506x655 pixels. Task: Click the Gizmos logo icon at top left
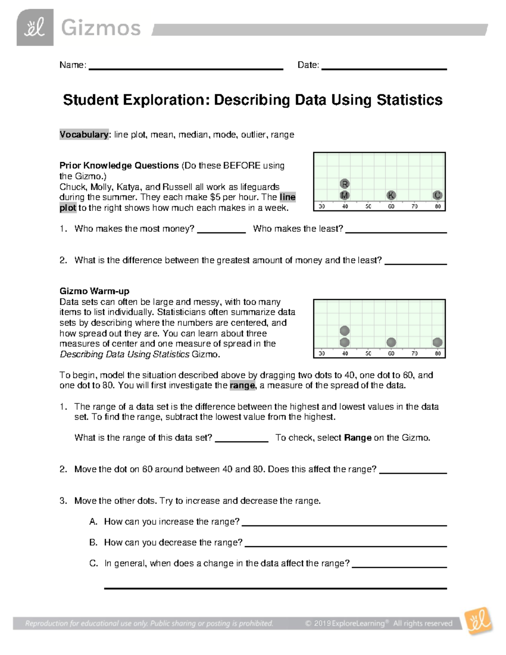point(35,27)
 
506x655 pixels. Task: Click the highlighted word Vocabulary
point(84,135)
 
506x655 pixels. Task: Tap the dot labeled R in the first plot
point(345,184)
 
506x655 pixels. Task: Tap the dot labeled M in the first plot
point(345,195)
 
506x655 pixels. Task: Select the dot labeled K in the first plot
point(391,195)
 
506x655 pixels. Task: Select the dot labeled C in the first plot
point(437,195)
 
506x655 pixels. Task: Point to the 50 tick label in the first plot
point(368,206)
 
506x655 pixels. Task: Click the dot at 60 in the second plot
point(391,342)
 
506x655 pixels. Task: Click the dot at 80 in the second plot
point(437,342)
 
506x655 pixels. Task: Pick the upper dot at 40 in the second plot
point(345,330)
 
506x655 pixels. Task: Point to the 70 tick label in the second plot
point(414,353)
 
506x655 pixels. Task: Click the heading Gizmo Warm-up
point(94,291)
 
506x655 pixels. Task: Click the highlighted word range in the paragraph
point(242,385)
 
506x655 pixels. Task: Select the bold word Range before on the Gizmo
point(358,438)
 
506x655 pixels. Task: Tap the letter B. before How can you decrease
point(93,542)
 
